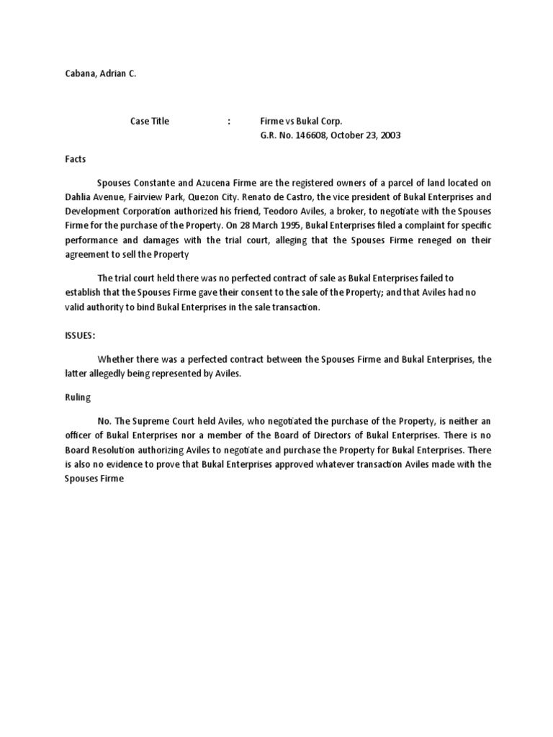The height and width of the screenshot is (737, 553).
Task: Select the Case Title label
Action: point(150,121)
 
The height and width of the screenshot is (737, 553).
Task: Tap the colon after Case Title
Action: point(229,121)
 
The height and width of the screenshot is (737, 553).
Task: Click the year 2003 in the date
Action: point(389,135)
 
